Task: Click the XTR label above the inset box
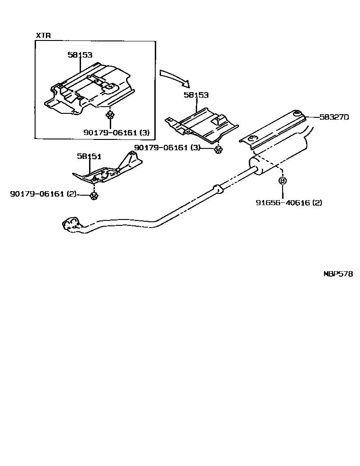point(44,36)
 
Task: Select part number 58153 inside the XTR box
point(80,55)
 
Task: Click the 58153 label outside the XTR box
point(196,95)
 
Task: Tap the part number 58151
point(89,156)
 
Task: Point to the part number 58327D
point(334,117)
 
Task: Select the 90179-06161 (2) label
point(43,194)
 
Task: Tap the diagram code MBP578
point(338,273)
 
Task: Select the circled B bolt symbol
point(283,181)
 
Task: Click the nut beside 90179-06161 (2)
point(94,195)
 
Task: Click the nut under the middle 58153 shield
point(218,149)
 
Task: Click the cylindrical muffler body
point(279,155)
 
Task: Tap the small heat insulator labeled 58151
point(108,171)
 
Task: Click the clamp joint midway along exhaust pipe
point(218,189)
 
